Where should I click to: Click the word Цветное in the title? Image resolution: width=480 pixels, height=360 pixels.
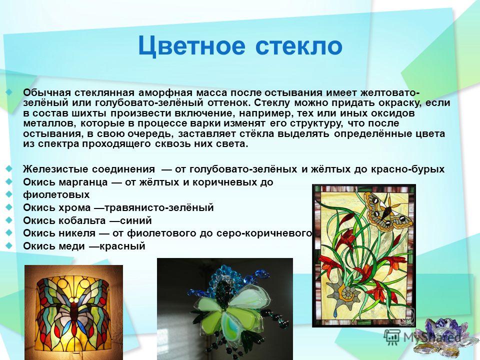191,46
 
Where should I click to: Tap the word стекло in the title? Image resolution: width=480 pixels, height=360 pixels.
299,46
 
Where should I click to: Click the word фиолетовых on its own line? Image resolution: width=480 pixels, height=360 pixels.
56,194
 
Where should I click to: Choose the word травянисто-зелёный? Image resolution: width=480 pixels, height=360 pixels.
159,207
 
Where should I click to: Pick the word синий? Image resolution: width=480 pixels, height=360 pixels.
135,220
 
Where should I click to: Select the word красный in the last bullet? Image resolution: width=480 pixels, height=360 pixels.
122,246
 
